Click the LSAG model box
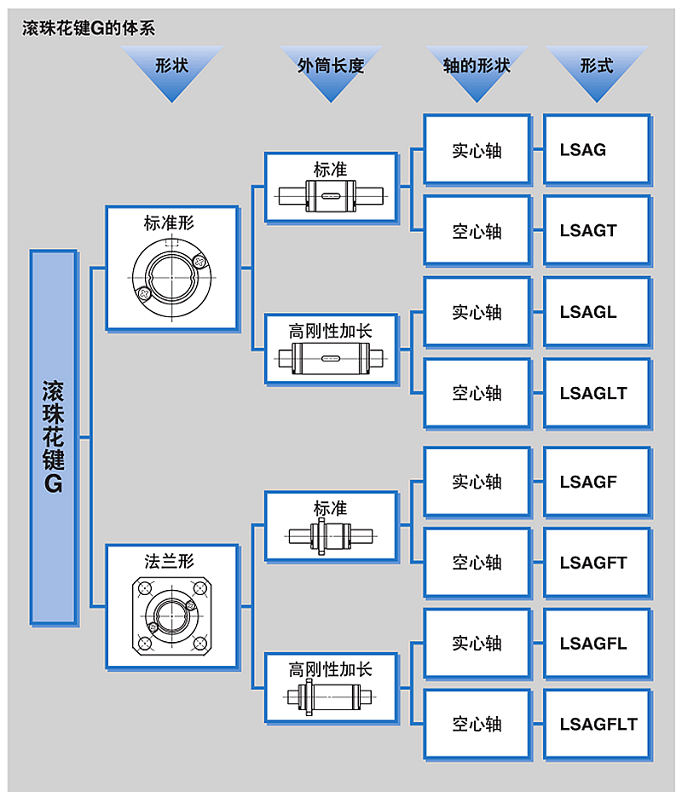(597, 149)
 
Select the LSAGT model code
(588, 231)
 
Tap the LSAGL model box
(597, 312)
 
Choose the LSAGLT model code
(593, 393)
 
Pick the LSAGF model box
(597, 482)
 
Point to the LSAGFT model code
(593, 563)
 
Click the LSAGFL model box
(597, 644)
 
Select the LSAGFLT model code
(598, 725)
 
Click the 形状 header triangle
(171, 71)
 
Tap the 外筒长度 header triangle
(331, 71)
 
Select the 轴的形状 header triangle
(477, 71)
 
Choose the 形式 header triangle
(597, 71)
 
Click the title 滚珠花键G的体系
(89, 28)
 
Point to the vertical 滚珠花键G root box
(54, 436)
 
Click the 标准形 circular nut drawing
(171, 278)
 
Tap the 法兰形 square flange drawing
(171, 616)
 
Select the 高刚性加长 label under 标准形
(331, 332)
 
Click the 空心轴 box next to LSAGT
(477, 231)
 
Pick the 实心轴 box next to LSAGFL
(477, 644)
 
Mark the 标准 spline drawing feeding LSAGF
(331, 536)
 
